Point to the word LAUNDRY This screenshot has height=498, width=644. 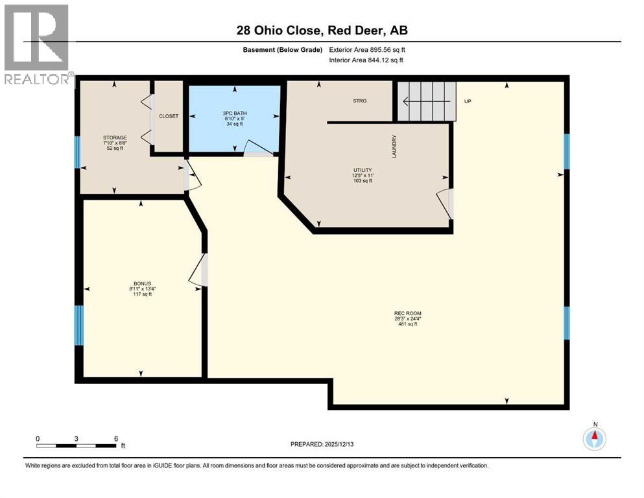(394, 147)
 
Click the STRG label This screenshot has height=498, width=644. (359, 101)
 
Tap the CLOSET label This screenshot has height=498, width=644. (169, 116)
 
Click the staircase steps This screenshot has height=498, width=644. (427, 101)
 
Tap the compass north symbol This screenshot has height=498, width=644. (594, 438)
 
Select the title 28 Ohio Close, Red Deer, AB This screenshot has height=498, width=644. (322, 30)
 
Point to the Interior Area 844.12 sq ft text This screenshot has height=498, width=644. (368, 60)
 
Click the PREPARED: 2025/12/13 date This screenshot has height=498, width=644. (322, 444)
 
